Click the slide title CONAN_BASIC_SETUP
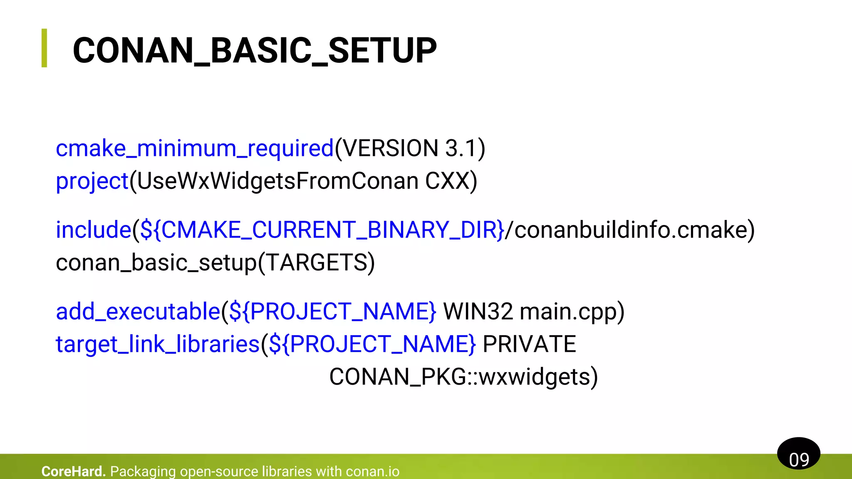click(255, 50)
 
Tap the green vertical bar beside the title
click(44, 48)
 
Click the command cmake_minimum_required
click(195, 148)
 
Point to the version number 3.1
click(461, 148)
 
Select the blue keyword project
click(92, 181)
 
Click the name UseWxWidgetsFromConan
click(277, 181)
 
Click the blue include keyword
click(94, 230)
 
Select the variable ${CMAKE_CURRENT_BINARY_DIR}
click(322, 230)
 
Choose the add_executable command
click(138, 311)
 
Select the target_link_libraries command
click(158, 344)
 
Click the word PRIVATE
click(529, 344)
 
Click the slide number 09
click(799, 459)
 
